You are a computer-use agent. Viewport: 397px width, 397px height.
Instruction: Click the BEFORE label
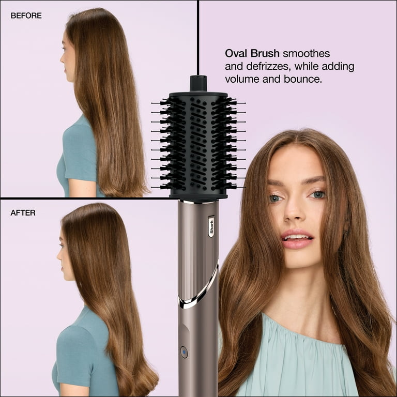coord(26,16)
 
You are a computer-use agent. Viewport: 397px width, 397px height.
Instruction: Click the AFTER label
coord(23,212)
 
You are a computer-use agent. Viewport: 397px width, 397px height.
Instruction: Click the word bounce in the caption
coord(302,79)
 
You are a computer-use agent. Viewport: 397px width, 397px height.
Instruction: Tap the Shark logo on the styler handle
coord(211,226)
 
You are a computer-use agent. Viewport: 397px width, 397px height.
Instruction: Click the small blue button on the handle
coord(184,352)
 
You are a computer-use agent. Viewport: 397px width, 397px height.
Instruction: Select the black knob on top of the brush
coord(198,83)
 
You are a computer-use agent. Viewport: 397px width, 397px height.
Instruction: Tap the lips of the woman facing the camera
coord(297,239)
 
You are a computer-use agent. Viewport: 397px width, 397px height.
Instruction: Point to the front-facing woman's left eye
coord(318,194)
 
